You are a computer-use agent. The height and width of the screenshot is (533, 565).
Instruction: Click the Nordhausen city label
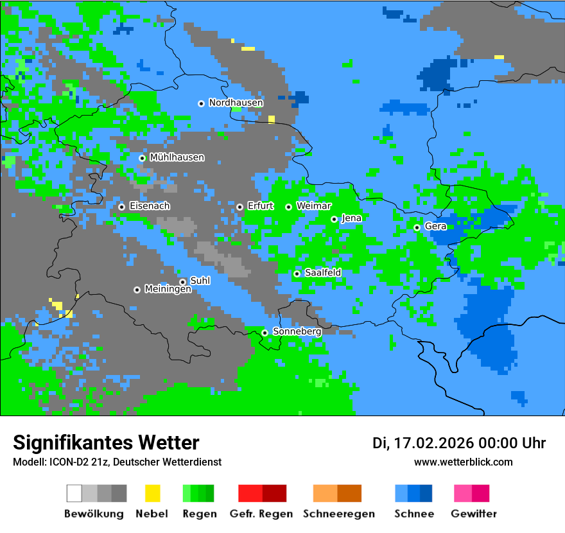236,103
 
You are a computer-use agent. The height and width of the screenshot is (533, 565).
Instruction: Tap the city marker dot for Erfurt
239,207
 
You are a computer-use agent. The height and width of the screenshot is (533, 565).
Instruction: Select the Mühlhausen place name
177,157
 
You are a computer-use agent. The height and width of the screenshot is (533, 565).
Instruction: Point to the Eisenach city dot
121,207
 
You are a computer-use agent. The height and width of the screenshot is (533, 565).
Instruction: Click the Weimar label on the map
313,206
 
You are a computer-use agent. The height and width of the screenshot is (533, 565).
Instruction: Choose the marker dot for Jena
334,219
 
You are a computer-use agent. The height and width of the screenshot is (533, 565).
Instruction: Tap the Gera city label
435,227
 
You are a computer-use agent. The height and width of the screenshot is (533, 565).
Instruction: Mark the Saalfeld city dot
297,274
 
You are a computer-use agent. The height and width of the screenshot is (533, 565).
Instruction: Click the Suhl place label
200,281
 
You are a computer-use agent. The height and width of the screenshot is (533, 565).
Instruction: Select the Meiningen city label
168,290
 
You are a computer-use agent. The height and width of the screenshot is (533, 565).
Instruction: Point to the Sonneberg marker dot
265,333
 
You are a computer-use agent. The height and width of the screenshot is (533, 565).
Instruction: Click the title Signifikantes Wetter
106,442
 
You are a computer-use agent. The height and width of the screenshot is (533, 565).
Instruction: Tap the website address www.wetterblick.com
463,462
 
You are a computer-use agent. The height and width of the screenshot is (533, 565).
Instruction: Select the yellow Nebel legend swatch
152,493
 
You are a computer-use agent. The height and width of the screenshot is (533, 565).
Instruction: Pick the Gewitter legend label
473,514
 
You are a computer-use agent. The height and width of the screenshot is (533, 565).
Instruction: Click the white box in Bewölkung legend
74,493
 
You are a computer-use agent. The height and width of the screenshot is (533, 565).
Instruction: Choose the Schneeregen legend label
338,514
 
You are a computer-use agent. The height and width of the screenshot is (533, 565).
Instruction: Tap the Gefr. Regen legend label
261,514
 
